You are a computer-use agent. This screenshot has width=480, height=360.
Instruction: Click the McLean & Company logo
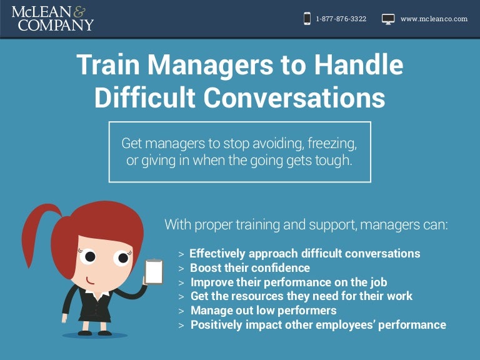coord(52,19)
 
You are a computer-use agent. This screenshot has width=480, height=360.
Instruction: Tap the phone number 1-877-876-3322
coord(341,19)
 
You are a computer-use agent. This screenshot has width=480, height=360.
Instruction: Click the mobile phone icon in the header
coord(307,19)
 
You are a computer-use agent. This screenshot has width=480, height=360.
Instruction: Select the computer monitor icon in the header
coord(388,19)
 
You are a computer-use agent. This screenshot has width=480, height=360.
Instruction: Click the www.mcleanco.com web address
coord(434,19)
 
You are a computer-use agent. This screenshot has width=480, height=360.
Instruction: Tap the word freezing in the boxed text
coord(332,143)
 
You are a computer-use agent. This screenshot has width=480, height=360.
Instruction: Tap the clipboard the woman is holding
coord(154,271)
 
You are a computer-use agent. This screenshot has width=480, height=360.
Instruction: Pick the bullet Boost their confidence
coord(249,267)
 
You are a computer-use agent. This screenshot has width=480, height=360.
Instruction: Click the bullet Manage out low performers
coord(263,310)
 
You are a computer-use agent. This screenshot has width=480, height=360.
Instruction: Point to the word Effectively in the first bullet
coord(217,253)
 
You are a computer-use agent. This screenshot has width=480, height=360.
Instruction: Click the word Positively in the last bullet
coord(215,324)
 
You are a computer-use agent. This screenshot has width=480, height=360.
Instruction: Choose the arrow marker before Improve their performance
coord(181,282)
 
